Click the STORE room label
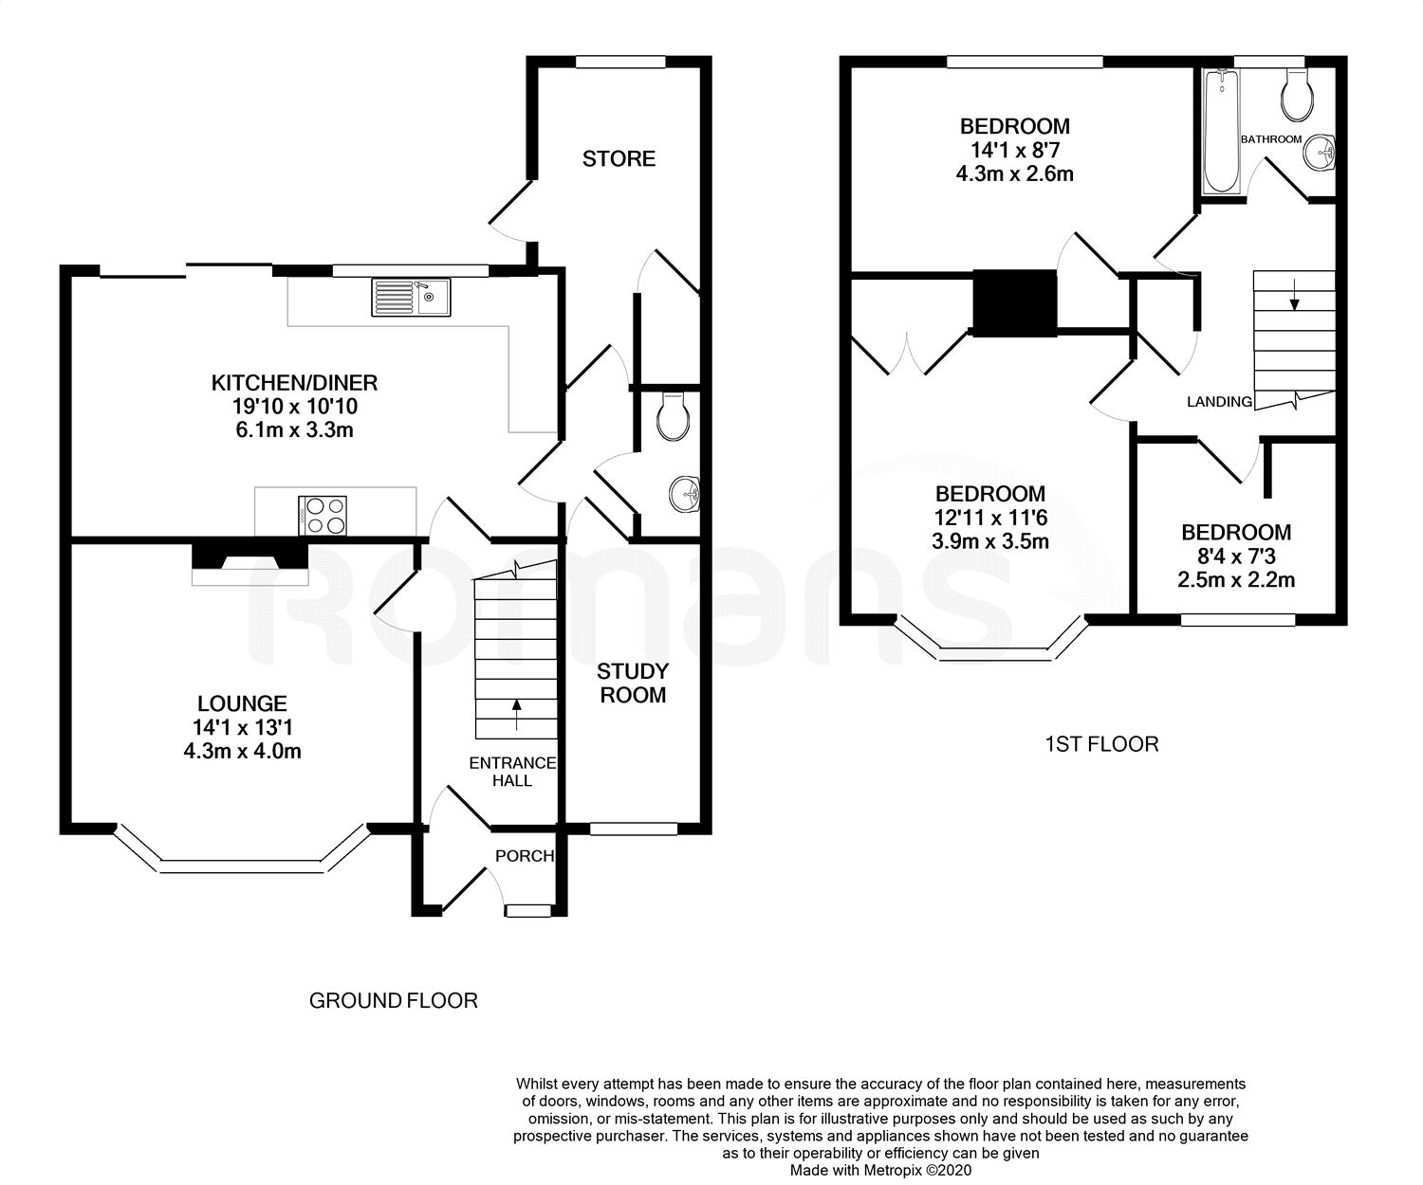[619, 158]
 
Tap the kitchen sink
[410, 298]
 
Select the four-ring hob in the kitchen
[323, 516]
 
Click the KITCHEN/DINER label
[294, 383]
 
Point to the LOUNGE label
[242, 703]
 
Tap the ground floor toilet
[674, 416]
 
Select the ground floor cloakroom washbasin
[684, 494]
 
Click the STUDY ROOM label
[633, 684]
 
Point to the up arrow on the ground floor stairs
[516, 715]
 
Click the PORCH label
[525, 856]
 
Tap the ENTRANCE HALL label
[512, 772]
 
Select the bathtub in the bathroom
[1222, 131]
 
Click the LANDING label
[1219, 402]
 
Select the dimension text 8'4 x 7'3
[1236, 556]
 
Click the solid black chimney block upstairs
[1015, 303]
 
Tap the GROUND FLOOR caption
[394, 1000]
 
